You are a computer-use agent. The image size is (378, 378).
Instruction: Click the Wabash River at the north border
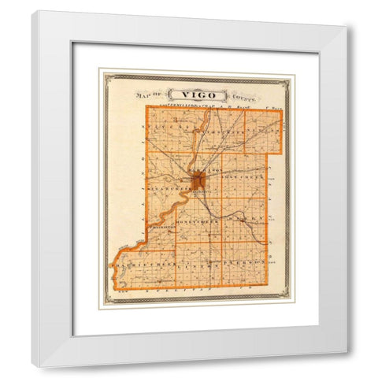[206, 112]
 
